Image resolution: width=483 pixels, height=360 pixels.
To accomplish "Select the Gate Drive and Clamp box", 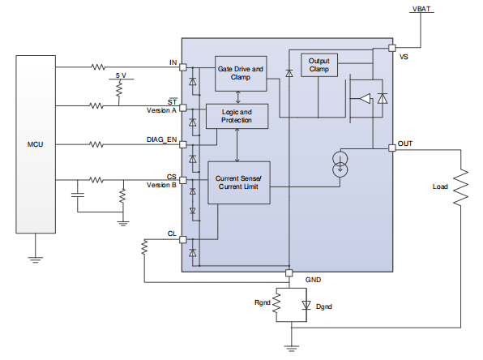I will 241,74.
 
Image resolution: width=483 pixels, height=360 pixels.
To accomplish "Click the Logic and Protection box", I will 237,116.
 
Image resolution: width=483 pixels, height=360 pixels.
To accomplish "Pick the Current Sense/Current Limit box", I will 239,183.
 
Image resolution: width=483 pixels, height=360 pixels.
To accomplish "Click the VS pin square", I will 392,48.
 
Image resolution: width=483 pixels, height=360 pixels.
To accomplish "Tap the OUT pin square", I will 392,146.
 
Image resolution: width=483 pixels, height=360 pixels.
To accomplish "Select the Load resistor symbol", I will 461,187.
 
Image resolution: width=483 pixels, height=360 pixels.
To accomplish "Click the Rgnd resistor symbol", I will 276,305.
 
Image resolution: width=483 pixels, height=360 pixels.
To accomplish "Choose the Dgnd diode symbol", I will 306,305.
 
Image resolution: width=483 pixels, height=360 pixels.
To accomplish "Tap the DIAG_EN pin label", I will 161,139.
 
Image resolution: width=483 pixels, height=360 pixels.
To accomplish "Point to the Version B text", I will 160,185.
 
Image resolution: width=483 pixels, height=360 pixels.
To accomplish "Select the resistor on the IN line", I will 98,66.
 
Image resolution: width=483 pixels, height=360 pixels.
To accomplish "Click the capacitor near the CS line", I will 77,195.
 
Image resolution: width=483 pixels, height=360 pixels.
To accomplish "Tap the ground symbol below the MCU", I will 35,259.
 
